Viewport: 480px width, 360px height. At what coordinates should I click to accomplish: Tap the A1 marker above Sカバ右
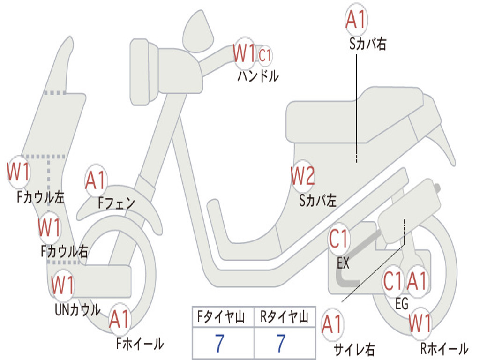tap(356, 19)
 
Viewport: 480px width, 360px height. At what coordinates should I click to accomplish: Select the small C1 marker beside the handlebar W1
tap(265, 55)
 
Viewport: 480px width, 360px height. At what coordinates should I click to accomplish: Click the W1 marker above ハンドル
tap(244, 53)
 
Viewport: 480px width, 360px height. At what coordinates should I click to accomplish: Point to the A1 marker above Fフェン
tap(96, 180)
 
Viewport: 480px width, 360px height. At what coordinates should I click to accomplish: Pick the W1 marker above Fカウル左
tap(18, 172)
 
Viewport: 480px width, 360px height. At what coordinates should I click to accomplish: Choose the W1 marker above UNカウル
tap(62, 285)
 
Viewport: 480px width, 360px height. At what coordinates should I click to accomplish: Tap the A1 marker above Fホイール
tap(120, 319)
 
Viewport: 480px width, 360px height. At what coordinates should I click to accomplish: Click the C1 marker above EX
tap(338, 239)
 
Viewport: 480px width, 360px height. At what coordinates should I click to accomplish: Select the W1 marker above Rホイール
tap(420, 323)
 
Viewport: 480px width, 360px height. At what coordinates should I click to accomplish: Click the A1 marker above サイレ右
tap(332, 324)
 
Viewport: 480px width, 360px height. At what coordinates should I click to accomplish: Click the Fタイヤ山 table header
tap(221, 317)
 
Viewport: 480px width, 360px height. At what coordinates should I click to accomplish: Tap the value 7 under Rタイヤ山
tap(281, 343)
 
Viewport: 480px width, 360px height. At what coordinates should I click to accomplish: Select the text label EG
tap(402, 304)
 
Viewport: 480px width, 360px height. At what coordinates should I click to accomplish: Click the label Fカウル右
tap(64, 251)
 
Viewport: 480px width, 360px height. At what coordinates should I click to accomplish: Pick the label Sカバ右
tap(367, 44)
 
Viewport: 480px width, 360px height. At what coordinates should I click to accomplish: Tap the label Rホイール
tap(444, 348)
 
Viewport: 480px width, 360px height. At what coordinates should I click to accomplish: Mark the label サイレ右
tap(354, 349)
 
